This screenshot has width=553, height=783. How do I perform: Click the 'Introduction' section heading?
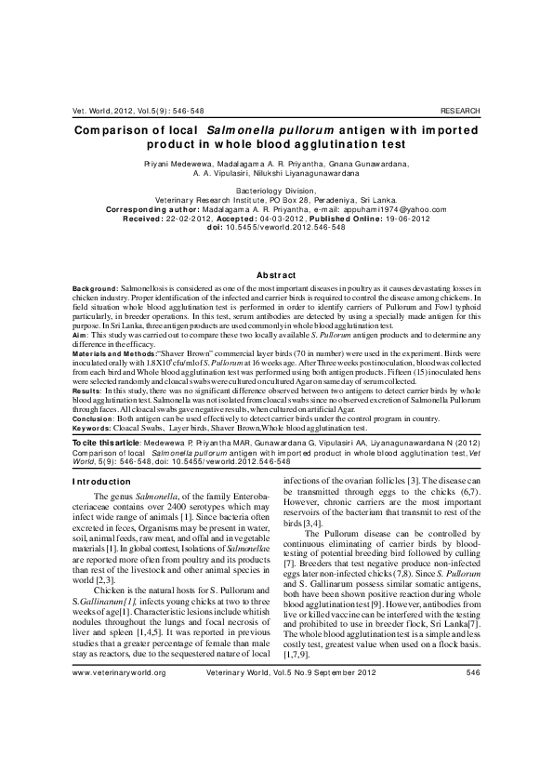(x=102, y=481)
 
